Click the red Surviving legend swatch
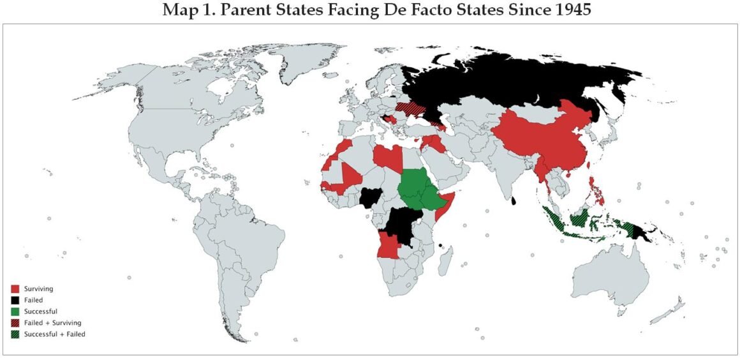pos(15,289)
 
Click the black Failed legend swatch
pos(15,300)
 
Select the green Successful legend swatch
pos(15,311)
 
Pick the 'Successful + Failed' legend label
pos(54,334)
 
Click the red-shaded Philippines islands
pos(596,191)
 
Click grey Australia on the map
pos(612,274)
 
